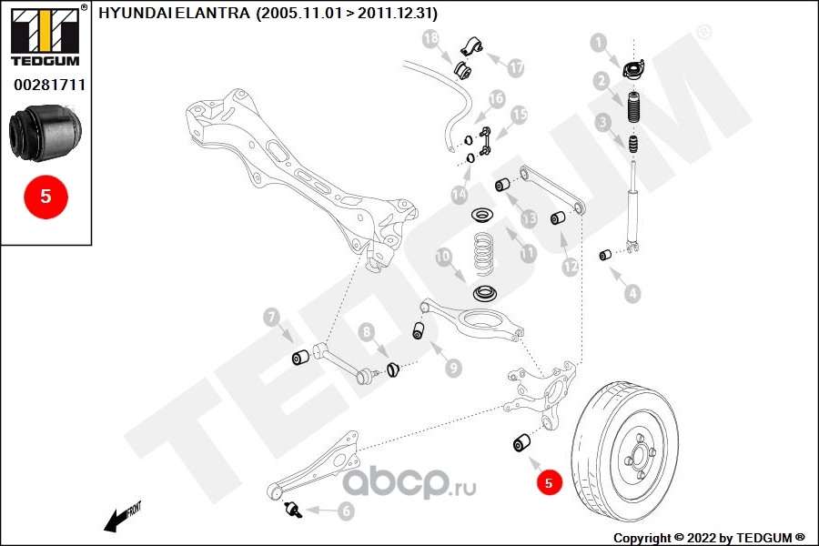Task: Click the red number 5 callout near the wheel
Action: (x=548, y=483)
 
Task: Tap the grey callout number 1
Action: (x=598, y=42)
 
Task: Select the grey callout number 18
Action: (x=430, y=38)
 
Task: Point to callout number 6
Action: (x=346, y=511)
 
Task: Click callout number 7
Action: (x=270, y=318)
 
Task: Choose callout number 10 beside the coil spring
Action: (x=444, y=258)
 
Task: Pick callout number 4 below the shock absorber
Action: (x=632, y=293)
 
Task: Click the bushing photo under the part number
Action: (x=45, y=132)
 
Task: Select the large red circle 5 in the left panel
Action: (x=45, y=195)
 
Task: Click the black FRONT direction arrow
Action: (x=117, y=520)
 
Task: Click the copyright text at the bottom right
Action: (x=709, y=537)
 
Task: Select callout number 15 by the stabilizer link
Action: (x=519, y=116)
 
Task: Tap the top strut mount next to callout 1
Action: (x=630, y=68)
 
